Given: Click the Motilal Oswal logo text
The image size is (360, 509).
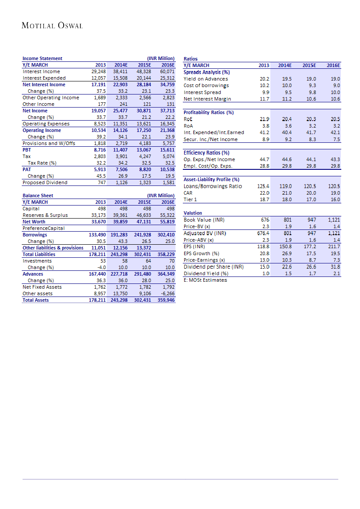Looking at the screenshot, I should point(52,26).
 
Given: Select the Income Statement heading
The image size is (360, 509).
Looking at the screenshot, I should point(42,58).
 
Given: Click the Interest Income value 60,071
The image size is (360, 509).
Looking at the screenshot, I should point(167,71).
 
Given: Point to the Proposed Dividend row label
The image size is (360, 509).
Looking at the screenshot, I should point(45,182).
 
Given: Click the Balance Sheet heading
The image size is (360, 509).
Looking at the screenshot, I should point(38,196).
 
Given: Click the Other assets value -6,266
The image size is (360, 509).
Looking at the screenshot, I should point(167,293).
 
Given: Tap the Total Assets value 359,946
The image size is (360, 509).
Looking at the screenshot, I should point(166,300).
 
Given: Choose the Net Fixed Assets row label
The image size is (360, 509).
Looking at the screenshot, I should point(42,287).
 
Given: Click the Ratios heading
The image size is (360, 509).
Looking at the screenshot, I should point(191,58).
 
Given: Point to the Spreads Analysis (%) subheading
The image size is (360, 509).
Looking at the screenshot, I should point(207,72).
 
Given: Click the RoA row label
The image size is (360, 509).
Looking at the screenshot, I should point(188,125).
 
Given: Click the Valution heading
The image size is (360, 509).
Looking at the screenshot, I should point(193,213).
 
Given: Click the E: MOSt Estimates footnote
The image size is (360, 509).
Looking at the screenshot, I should point(205,280).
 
